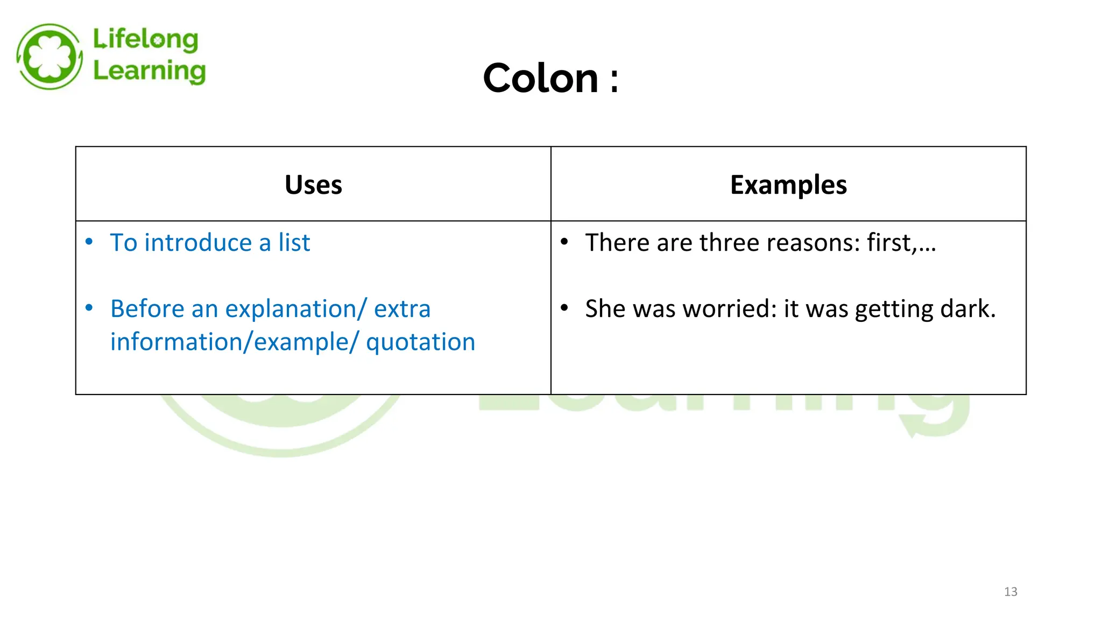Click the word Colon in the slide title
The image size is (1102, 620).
pyautogui.click(x=540, y=79)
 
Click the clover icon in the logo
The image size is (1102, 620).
pyautogui.click(x=50, y=57)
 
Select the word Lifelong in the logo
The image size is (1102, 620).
pyautogui.click(x=146, y=40)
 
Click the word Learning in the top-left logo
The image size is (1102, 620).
pyautogui.click(x=149, y=72)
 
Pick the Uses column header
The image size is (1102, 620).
pyautogui.click(x=313, y=185)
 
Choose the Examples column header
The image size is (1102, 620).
pyautogui.click(x=788, y=185)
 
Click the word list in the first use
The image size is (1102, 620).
pyautogui.click(x=294, y=243)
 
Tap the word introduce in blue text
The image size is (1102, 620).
pyautogui.click(x=197, y=243)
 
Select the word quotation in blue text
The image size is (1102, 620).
pyautogui.click(x=420, y=342)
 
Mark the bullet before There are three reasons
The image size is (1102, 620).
pyautogui.click(x=564, y=242)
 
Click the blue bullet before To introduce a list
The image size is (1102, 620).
pyautogui.click(x=89, y=242)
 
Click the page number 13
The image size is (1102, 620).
pyautogui.click(x=1011, y=592)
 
